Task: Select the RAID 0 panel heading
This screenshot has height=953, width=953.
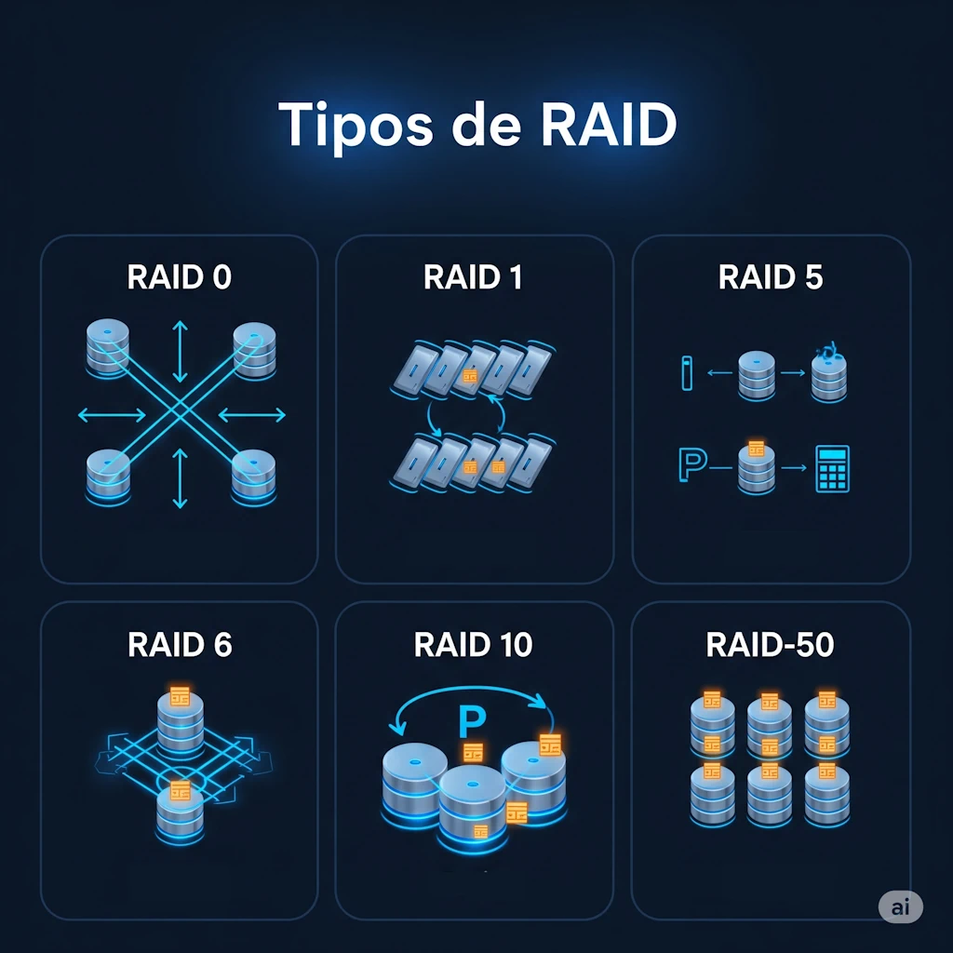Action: click(x=180, y=277)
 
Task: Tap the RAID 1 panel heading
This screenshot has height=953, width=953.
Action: click(x=473, y=277)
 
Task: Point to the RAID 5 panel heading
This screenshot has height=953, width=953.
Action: click(x=771, y=277)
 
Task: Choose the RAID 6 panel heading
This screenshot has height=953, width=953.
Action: click(x=180, y=644)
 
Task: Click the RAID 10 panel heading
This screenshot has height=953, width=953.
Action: click(x=474, y=644)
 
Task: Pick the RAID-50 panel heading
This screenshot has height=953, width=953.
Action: click(x=771, y=644)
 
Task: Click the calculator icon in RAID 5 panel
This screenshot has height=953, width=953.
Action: click(x=831, y=468)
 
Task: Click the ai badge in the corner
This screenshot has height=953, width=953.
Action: click(x=900, y=907)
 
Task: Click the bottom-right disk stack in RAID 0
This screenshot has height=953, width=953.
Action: click(x=253, y=475)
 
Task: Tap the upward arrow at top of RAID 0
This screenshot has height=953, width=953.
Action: click(x=181, y=342)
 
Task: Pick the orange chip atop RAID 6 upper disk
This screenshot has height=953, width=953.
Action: click(x=180, y=695)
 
